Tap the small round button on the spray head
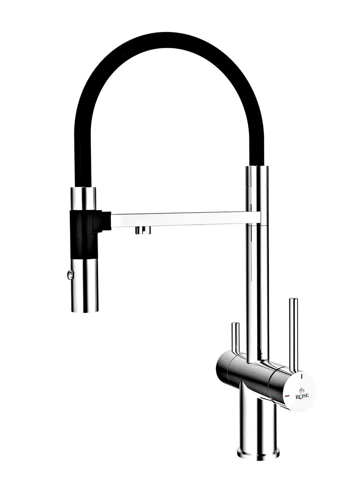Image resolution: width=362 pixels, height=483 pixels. point(70,275)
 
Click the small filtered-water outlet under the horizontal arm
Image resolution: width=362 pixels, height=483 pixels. point(143,230)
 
